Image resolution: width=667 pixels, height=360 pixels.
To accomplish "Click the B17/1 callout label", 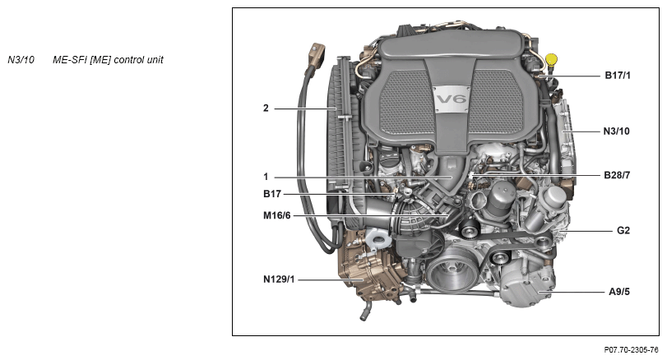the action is (618, 76).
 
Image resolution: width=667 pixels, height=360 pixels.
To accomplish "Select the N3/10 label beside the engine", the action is (616, 132).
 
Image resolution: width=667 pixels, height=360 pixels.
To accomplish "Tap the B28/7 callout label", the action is (617, 175).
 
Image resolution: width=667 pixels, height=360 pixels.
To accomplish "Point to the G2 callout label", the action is (623, 231).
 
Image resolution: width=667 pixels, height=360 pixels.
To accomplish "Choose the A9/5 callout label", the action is (619, 292).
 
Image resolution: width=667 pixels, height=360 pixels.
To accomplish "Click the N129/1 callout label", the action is (279, 279).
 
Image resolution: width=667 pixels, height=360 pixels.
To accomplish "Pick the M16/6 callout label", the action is (277, 216).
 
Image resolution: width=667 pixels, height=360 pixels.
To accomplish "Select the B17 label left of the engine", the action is (272, 194).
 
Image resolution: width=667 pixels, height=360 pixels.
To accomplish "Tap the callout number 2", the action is (266, 108).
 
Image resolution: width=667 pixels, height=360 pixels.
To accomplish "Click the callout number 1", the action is (266, 177).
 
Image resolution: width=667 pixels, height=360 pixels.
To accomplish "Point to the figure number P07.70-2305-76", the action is (631, 350).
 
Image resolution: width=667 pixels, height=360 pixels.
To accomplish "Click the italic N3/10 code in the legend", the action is (21, 60).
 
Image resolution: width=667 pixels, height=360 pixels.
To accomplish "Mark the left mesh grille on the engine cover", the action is (404, 102).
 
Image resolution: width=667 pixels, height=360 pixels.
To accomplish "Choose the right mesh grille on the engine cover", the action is (496, 102).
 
